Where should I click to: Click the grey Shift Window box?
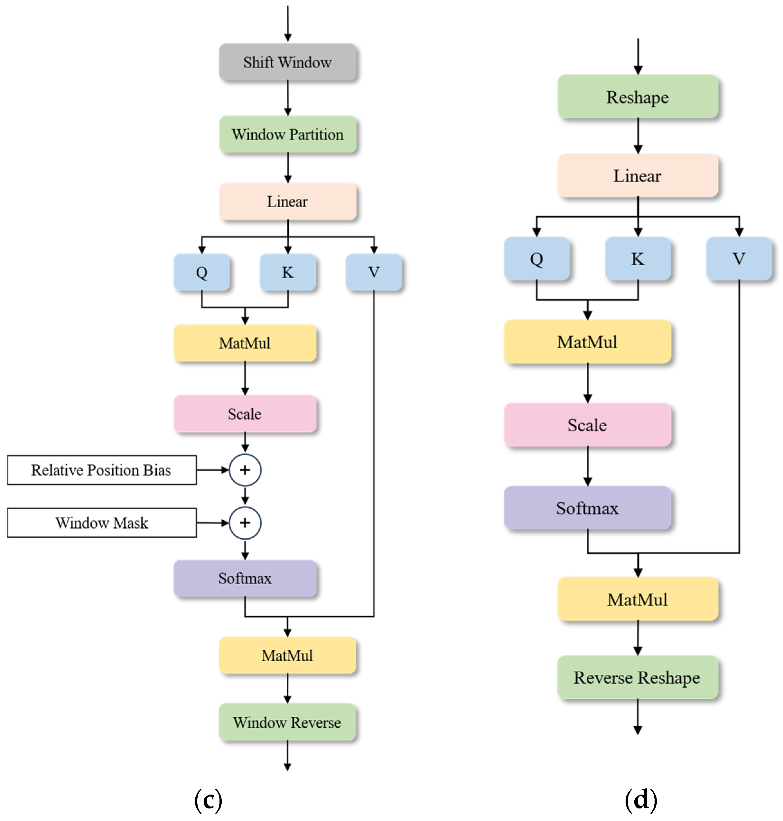[x=288, y=62]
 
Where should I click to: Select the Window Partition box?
[x=288, y=135]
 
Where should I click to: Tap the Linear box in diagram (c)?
[x=288, y=202]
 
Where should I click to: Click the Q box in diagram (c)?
[x=201, y=272]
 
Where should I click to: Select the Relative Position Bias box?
[x=101, y=470]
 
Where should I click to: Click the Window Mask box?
[x=101, y=523]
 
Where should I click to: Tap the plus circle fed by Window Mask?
[x=245, y=523]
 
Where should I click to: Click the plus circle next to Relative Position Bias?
[x=245, y=470]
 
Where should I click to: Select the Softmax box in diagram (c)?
[x=245, y=578]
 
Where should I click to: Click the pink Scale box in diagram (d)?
[x=587, y=425]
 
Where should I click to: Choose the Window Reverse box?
[x=287, y=722]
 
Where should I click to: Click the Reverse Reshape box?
[x=637, y=677]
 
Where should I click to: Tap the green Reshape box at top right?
[x=637, y=97]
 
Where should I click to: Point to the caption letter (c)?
[x=208, y=800]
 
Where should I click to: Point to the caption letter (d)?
[x=641, y=800]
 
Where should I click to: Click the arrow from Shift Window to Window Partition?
[x=288, y=98]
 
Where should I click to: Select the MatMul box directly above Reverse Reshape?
[x=637, y=599]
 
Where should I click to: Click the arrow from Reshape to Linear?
[x=638, y=136]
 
